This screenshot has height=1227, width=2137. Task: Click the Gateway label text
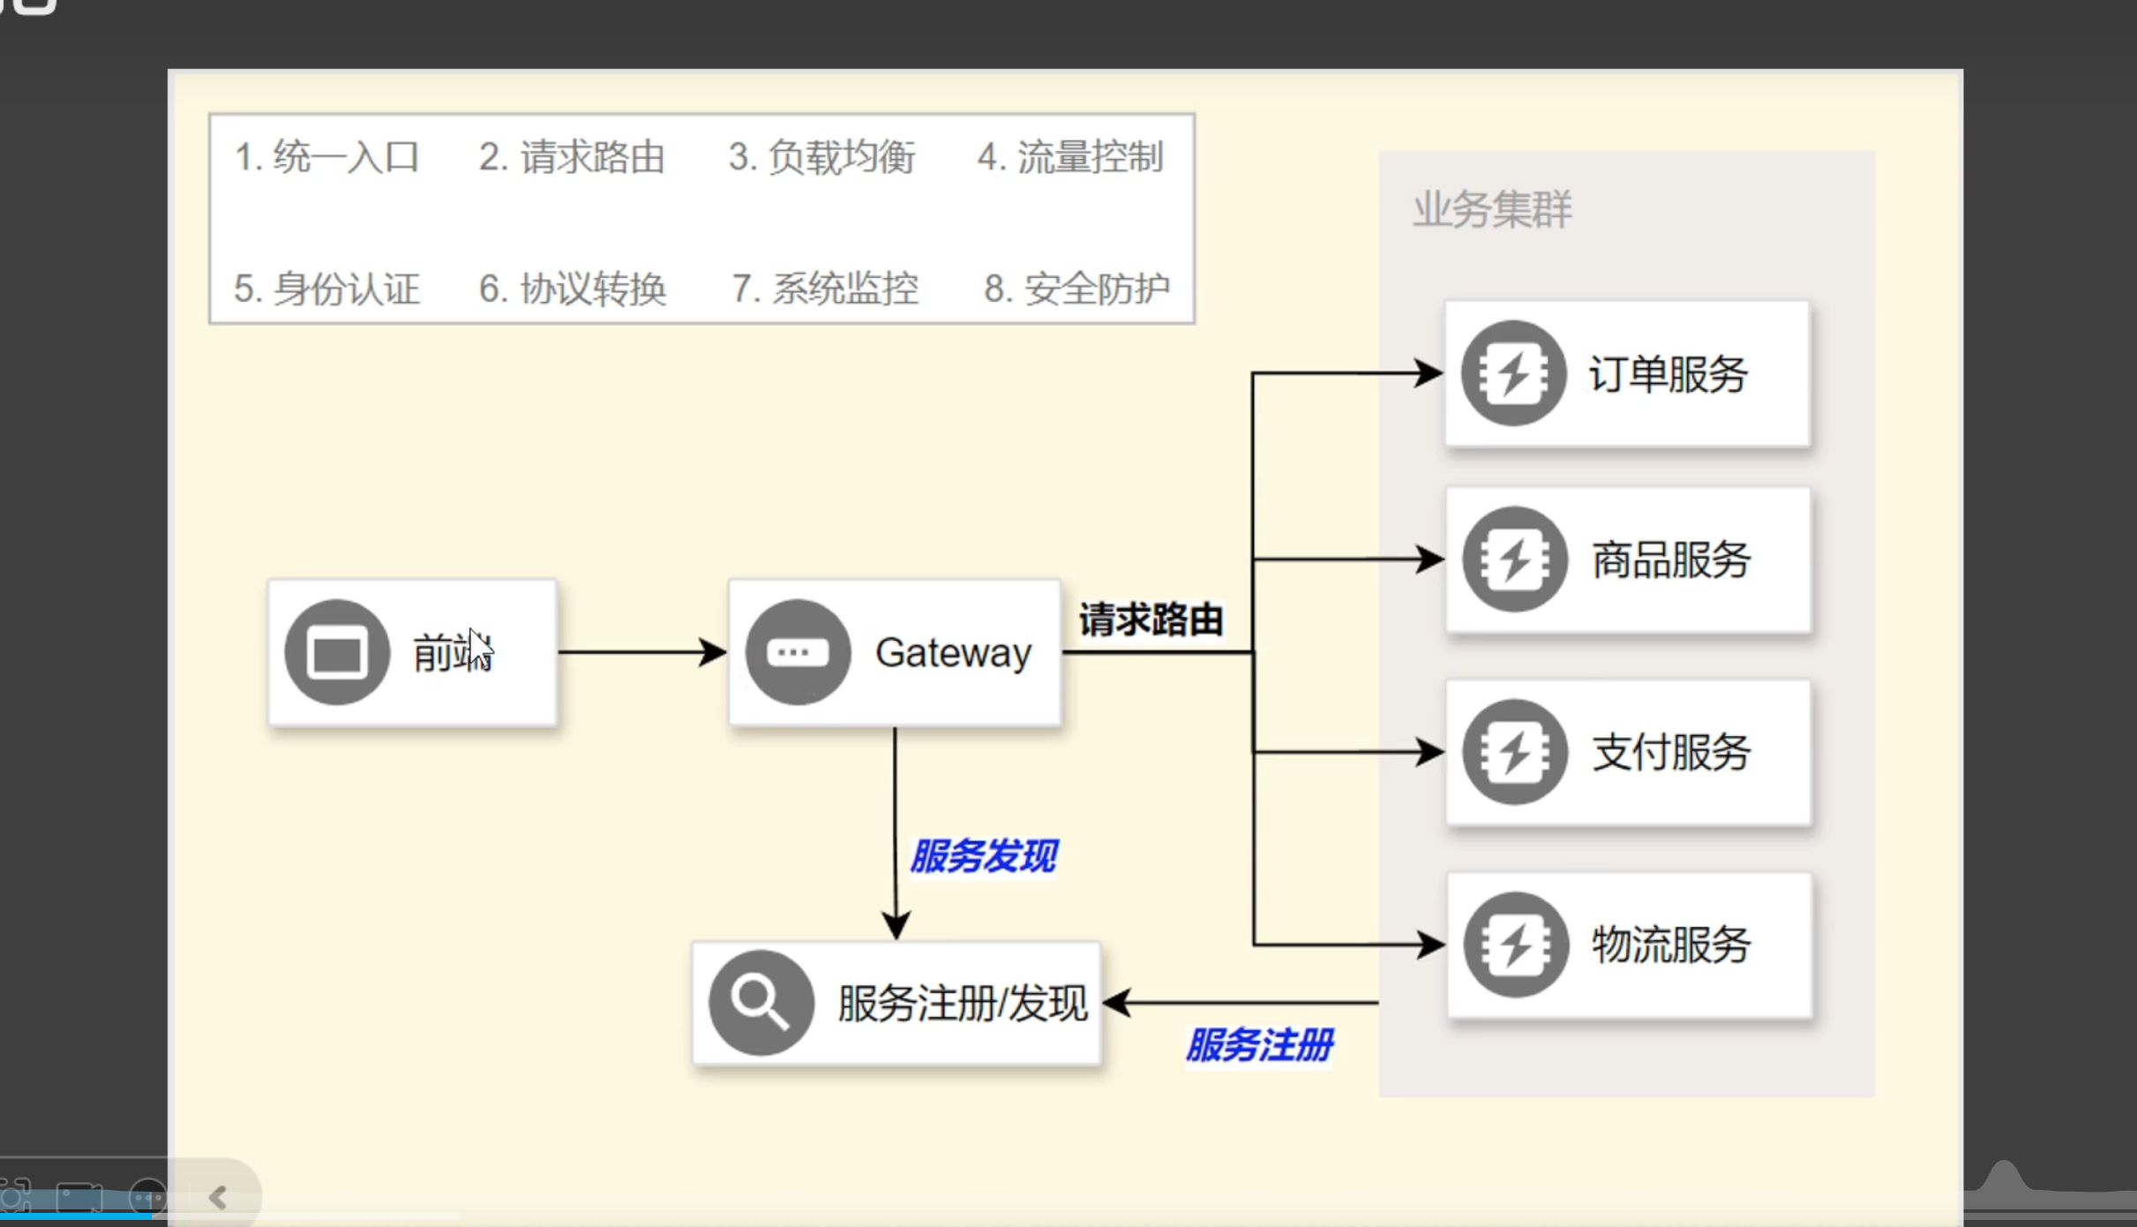pyautogui.click(x=953, y=653)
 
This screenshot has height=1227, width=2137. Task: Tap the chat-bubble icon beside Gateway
pyautogui.click(x=798, y=652)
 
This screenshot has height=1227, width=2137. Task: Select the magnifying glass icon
pyautogui.click(x=761, y=1003)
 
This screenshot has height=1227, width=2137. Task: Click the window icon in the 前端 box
pyautogui.click(x=337, y=652)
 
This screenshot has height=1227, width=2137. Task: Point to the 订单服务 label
pyautogui.click(x=1668, y=374)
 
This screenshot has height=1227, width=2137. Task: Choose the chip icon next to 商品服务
pyautogui.click(x=1514, y=560)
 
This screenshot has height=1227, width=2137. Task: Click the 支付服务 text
pyautogui.click(x=1671, y=753)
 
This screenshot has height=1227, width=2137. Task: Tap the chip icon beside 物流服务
pyautogui.click(x=1515, y=945)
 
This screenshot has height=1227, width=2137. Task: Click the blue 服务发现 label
pyautogui.click(x=983, y=856)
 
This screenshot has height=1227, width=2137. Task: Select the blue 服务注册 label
pyautogui.click(x=1259, y=1045)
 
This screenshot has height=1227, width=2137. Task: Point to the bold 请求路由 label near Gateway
pyautogui.click(x=1151, y=620)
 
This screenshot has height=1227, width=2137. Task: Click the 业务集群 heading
pyautogui.click(x=1492, y=210)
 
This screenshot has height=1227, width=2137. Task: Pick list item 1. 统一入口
pyautogui.click(x=326, y=157)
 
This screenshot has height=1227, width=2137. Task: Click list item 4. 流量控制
pyautogui.click(x=1070, y=157)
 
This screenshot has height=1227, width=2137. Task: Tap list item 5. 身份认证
pyautogui.click(x=326, y=289)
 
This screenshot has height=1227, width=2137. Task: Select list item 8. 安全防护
pyautogui.click(x=1076, y=289)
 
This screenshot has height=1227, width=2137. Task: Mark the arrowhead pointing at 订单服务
pyautogui.click(x=1428, y=373)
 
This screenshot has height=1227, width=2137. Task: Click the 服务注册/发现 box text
pyautogui.click(x=963, y=1004)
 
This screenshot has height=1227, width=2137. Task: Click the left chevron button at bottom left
pyautogui.click(x=218, y=1197)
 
